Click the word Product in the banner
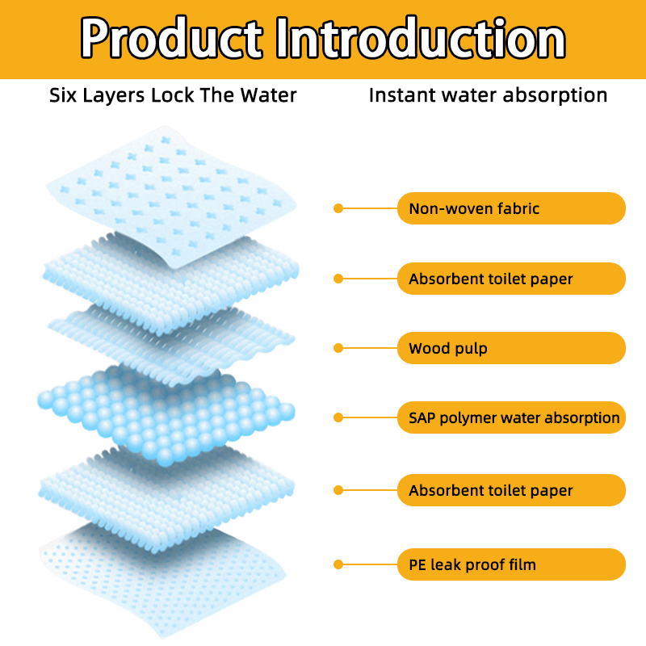[x=171, y=38]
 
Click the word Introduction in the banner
[x=421, y=38]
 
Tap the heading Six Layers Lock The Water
[x=173, y=95]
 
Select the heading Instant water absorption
[x=489, y=95]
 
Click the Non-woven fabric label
[x=511, y=208]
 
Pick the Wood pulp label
[x=511, y=348]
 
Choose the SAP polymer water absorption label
[x=511, y=417]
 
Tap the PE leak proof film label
[x=511, y=564]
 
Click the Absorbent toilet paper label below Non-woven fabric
[x=511, y=279]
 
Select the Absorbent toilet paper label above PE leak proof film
[x=511, y=490]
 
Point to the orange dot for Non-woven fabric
[x=338, y=208]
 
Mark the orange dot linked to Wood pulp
[x=338, y=348]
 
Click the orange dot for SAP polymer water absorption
[x=338, y=417]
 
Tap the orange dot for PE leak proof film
[x=338, y=564]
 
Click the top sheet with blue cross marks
[x=171, y=194]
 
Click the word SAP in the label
[x=422, y=417]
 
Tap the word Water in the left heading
[x=269, y=95]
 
